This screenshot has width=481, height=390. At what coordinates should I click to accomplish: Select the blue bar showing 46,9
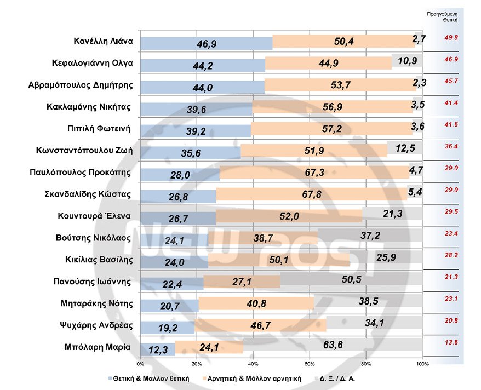pos(206,43)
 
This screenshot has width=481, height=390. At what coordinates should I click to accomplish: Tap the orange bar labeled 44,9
pos(328,64)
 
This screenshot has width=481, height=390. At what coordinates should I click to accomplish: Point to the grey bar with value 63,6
pos(333,347)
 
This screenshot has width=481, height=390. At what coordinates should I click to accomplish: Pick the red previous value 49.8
pos(451,38)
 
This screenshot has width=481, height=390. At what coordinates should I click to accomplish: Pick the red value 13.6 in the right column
pos(451,343)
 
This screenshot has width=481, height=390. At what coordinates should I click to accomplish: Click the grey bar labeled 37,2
pos(370,236)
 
